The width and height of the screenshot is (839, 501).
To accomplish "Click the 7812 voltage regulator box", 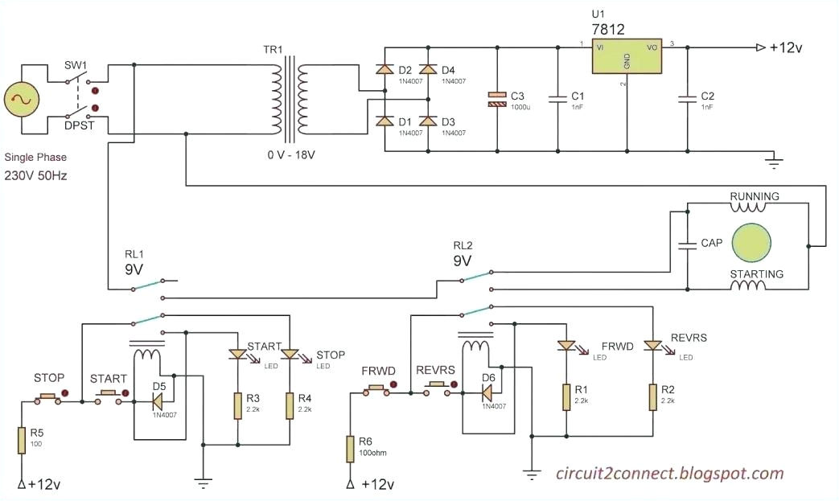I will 625,57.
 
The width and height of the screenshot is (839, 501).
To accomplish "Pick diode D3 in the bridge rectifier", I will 428,121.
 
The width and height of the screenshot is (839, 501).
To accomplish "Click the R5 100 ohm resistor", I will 22,441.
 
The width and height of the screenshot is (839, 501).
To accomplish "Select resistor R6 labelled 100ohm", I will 349,448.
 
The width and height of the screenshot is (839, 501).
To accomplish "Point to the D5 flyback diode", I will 158,397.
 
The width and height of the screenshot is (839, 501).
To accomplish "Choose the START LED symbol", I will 237,354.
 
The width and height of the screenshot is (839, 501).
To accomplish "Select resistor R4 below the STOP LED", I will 289,406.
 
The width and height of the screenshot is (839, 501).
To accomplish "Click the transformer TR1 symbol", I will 288,100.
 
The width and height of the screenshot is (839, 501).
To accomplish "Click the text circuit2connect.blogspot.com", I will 670,473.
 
